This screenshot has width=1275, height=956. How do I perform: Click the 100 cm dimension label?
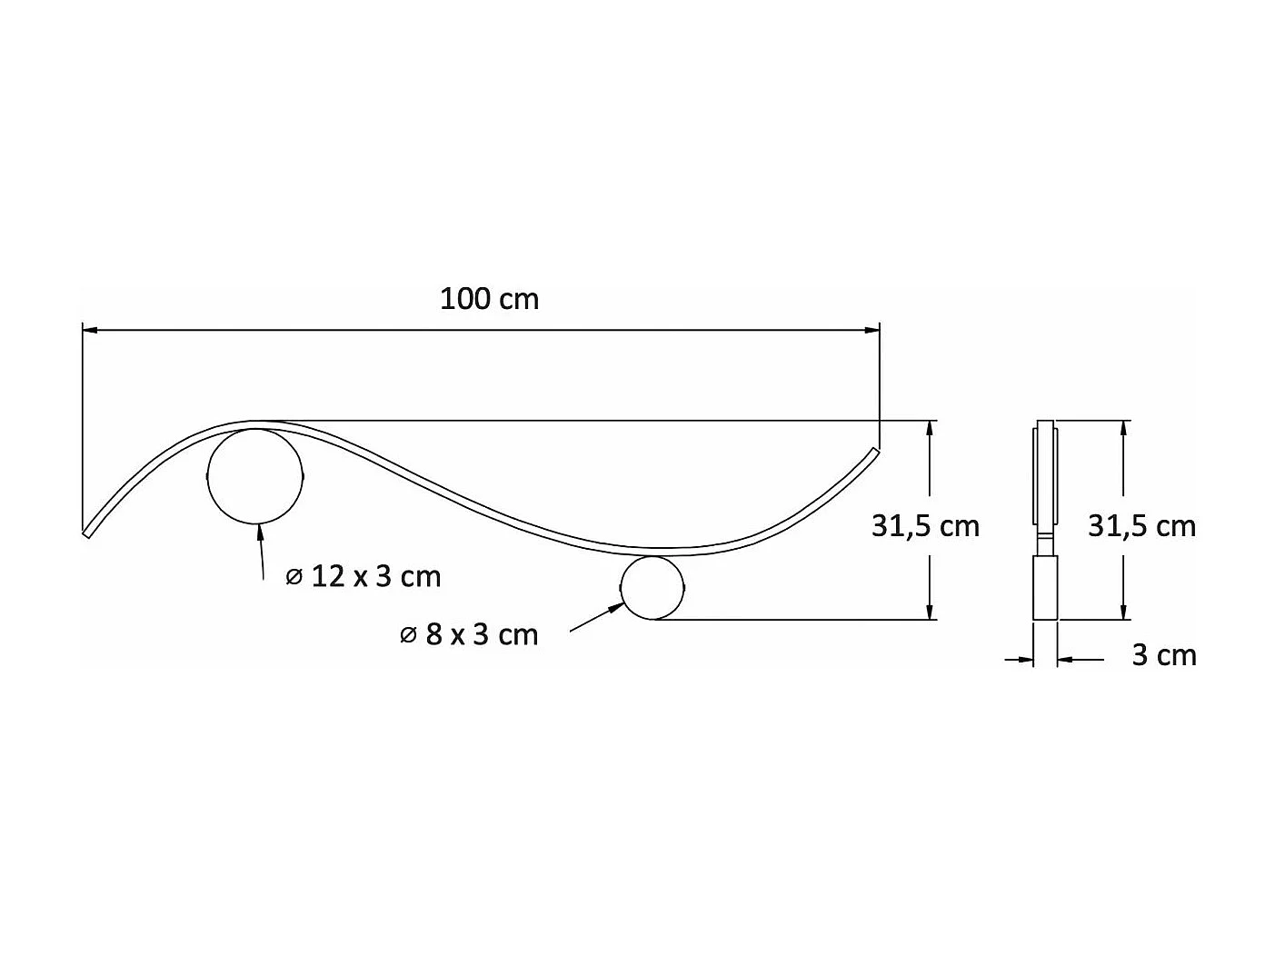point(489,299)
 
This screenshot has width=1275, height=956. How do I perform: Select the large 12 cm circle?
point(255,477)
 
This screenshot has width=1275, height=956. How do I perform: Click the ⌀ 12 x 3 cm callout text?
point(364,576)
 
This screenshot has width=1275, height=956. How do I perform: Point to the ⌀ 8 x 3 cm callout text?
point(469,634)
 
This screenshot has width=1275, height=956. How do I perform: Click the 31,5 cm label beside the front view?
point(925,526)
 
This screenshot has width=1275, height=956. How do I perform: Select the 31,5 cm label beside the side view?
point(1141,526)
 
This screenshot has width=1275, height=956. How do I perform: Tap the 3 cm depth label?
point(1163,655)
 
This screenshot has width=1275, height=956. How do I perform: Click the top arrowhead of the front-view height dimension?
point(930,427)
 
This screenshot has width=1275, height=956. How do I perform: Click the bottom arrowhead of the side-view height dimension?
point(1125,612)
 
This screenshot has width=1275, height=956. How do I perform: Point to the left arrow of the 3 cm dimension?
point(1028,660)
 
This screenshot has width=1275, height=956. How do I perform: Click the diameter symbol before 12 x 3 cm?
point(294,577)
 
